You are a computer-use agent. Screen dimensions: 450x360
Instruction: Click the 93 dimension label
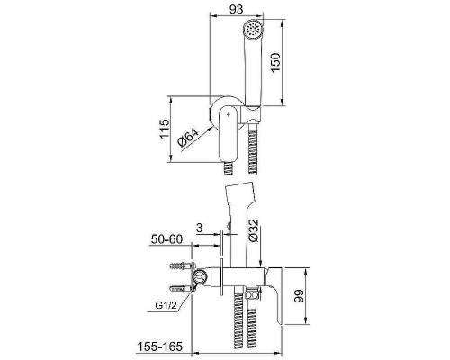pos(236,9)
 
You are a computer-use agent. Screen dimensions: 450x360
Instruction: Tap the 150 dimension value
pos(274,62)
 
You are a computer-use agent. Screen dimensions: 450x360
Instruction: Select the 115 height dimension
pos(164,129)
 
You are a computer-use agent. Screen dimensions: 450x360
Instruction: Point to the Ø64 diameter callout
pos(188,138)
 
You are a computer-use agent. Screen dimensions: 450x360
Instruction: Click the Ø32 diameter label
pos(254,230)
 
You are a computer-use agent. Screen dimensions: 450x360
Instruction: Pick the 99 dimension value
pos(299,296)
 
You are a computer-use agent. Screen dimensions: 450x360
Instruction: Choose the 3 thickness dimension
pos(200,228)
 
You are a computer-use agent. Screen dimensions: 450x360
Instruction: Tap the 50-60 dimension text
pos(166,239)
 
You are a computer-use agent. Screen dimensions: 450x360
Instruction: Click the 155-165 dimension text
pos(160,346)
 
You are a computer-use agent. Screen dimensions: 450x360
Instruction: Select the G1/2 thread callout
pos(166,306)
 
